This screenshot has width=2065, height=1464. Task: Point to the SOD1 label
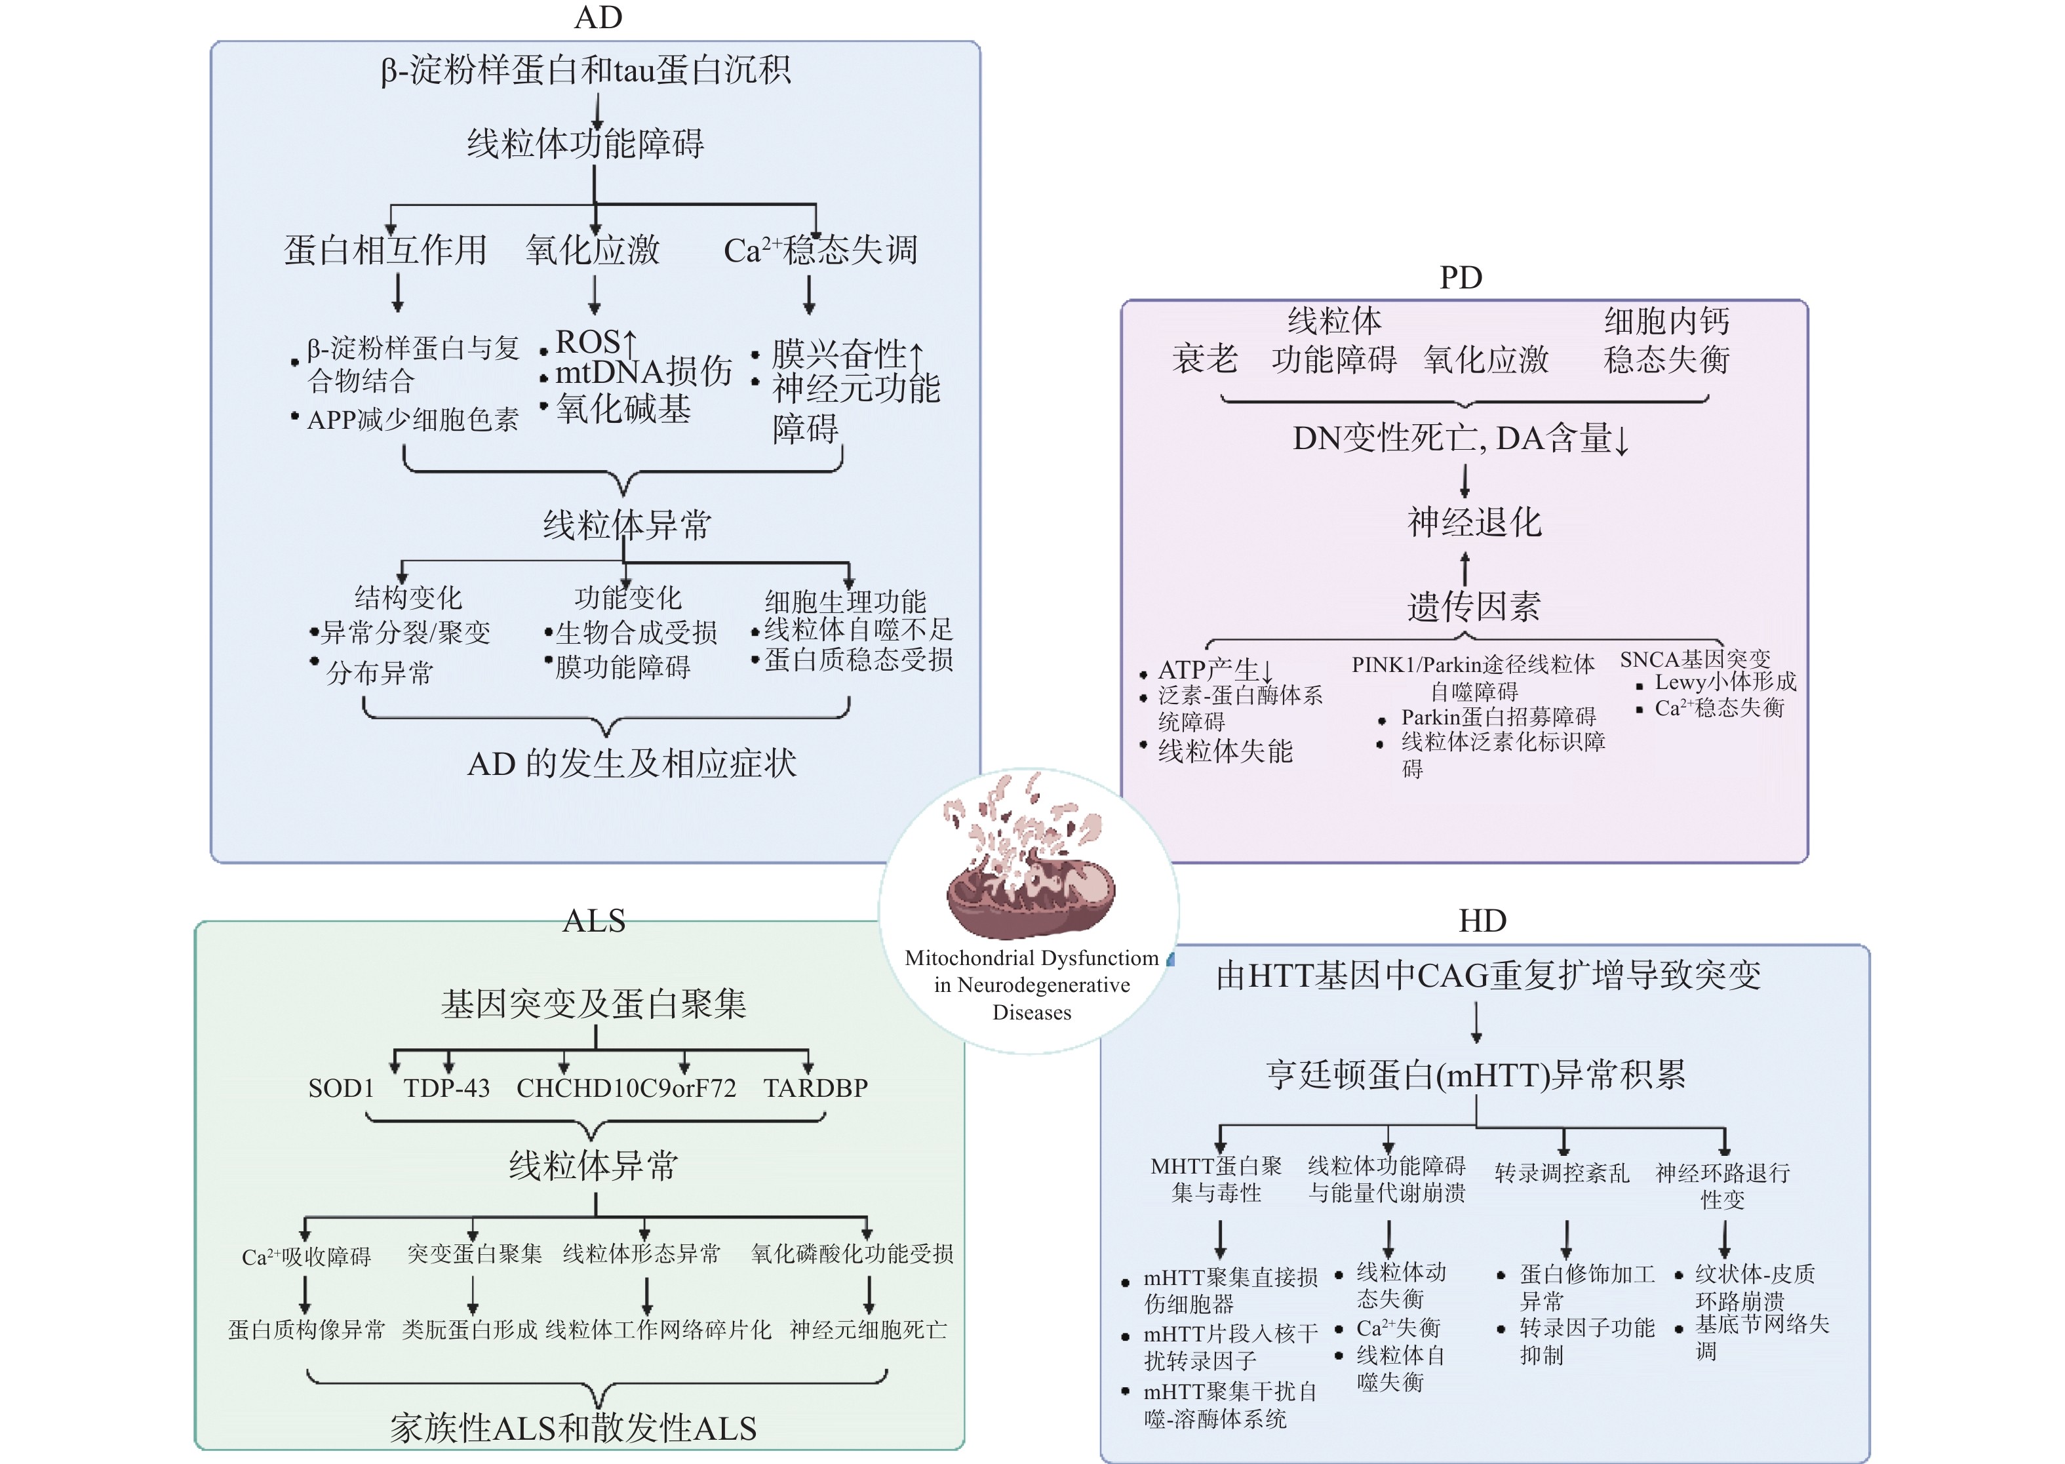tap(341, 1088)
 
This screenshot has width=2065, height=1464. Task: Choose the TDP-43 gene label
tap(446, 1088)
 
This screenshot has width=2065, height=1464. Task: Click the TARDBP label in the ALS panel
tap(815, 1088)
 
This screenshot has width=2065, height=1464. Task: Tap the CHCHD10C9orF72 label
tap(625, 1088)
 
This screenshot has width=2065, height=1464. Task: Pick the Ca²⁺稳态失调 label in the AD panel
tap(820, 250)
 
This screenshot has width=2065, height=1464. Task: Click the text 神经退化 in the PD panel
tap(1474, 522)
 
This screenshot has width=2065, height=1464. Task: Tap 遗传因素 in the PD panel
tap(1474, 606)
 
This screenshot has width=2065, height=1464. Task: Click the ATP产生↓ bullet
tap(1215, 670)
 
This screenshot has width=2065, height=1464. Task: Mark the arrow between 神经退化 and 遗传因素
tap(1465, 567)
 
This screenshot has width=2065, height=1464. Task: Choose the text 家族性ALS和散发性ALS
tap(573, 1428)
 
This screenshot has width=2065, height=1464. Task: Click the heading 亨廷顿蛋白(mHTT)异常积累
tap(1476, 1074)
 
